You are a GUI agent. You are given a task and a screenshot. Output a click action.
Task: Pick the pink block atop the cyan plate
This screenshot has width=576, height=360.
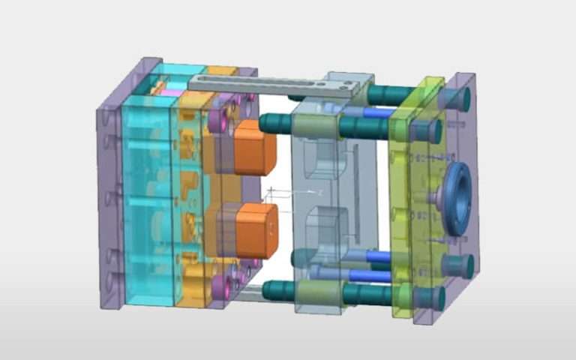click(172, 92)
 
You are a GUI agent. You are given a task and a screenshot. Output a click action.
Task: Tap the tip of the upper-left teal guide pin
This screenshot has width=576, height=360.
click(265, 123)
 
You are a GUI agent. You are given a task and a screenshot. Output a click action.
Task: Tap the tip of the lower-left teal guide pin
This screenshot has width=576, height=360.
click(267, 289)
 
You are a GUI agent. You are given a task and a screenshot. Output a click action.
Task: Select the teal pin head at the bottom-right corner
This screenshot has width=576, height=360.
click(460, 264)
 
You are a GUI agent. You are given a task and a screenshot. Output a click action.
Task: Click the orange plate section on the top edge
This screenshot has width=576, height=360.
click(222, 70)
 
